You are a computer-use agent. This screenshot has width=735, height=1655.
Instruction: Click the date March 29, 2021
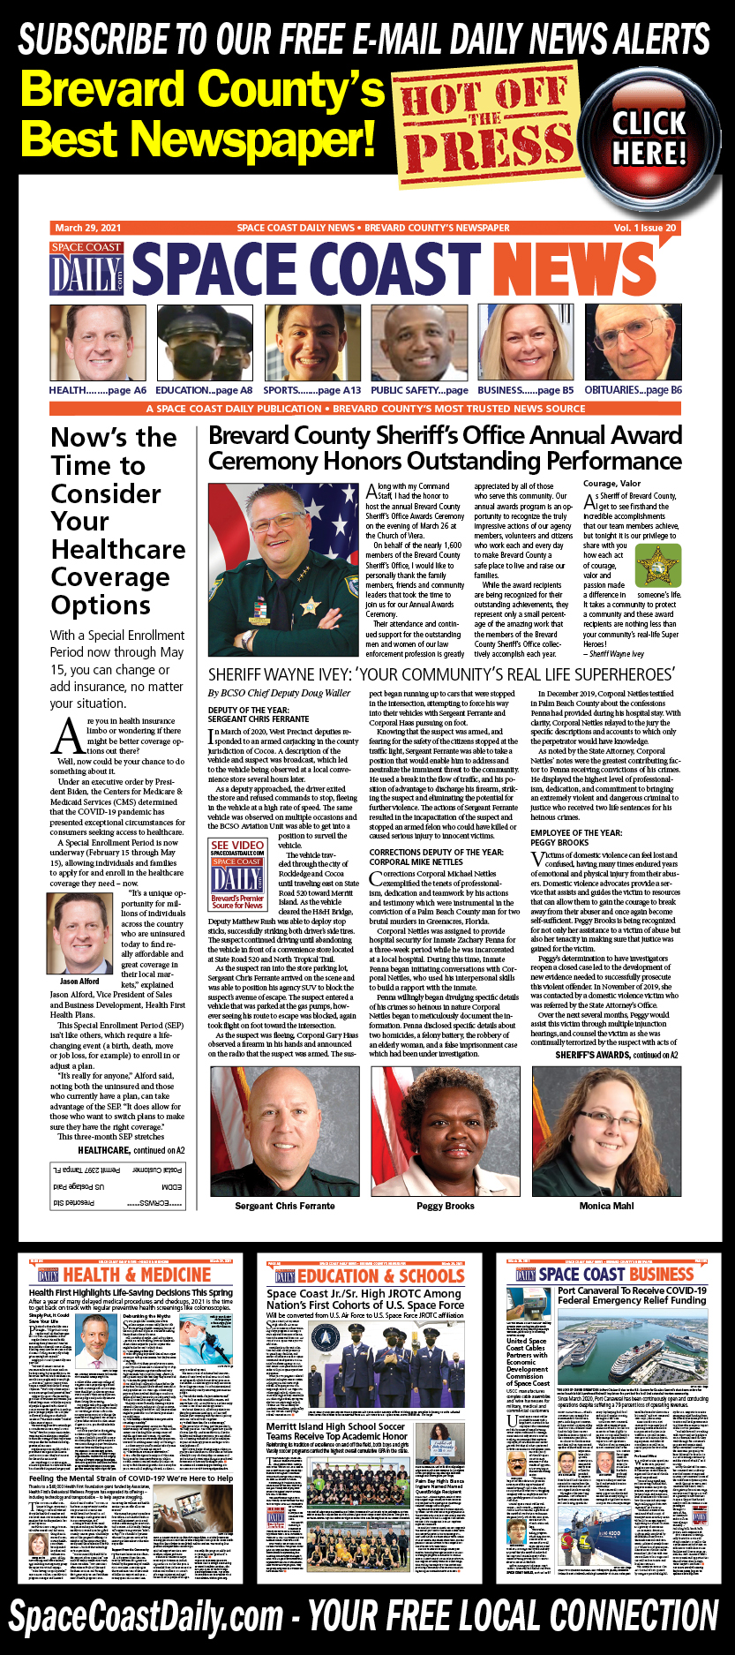tap(87, 228)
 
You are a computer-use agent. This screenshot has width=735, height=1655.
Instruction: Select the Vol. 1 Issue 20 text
tap(645, 228)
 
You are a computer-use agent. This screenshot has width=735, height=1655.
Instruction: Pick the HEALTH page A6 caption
tap(98, 390)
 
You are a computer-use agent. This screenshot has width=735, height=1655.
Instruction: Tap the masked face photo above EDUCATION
tap(204, 343)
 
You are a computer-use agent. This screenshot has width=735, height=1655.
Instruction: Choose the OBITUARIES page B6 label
tap(633, 390)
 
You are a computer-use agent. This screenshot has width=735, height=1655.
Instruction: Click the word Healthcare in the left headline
tap(118, 549)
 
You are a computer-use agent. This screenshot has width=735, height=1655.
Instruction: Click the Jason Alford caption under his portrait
tap(79, 982)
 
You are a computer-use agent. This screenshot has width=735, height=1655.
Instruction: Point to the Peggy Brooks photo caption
tap(446, 1206)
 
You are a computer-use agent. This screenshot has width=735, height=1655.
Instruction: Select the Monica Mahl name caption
tap(606, 1206)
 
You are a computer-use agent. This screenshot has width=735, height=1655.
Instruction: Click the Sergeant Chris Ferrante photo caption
tap(285, 1206)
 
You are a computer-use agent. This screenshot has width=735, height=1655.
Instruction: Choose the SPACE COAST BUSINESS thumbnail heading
tap(616, 1275)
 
